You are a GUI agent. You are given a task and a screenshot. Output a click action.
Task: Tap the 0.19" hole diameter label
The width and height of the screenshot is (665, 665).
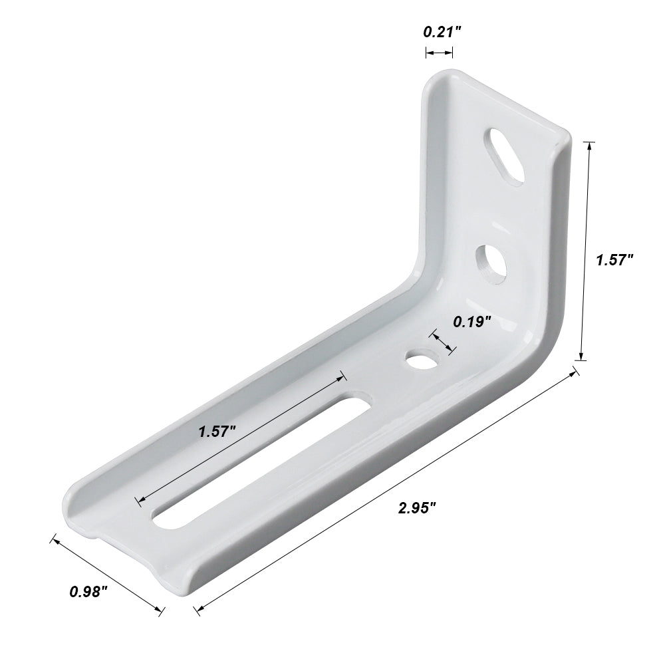(x=472, y=322)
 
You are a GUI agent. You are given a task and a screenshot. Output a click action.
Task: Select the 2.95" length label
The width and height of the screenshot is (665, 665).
(x=417, y=508)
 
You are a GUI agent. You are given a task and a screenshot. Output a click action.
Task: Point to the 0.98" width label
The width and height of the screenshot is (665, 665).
(x=88, y=591)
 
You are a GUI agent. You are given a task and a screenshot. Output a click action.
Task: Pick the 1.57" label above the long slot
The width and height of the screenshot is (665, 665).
(x=217, y=431)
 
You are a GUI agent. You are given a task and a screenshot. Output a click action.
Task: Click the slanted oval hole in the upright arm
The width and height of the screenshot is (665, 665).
(x=505, y=153)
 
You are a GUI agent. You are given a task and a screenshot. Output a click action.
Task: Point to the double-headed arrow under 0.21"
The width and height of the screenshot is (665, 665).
(x=440, y=53)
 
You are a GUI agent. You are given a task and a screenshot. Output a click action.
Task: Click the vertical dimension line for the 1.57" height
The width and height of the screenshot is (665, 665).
(x=585, y=251)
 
